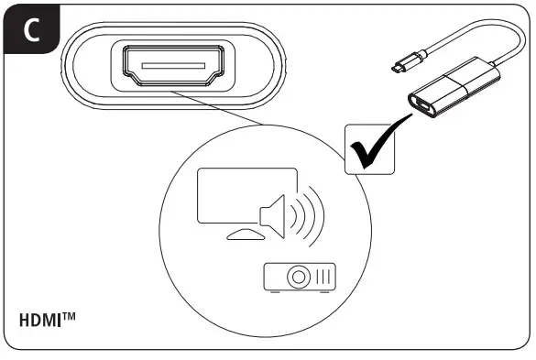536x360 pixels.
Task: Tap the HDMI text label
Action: (41, 322)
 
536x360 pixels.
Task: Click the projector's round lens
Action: (298, 275)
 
